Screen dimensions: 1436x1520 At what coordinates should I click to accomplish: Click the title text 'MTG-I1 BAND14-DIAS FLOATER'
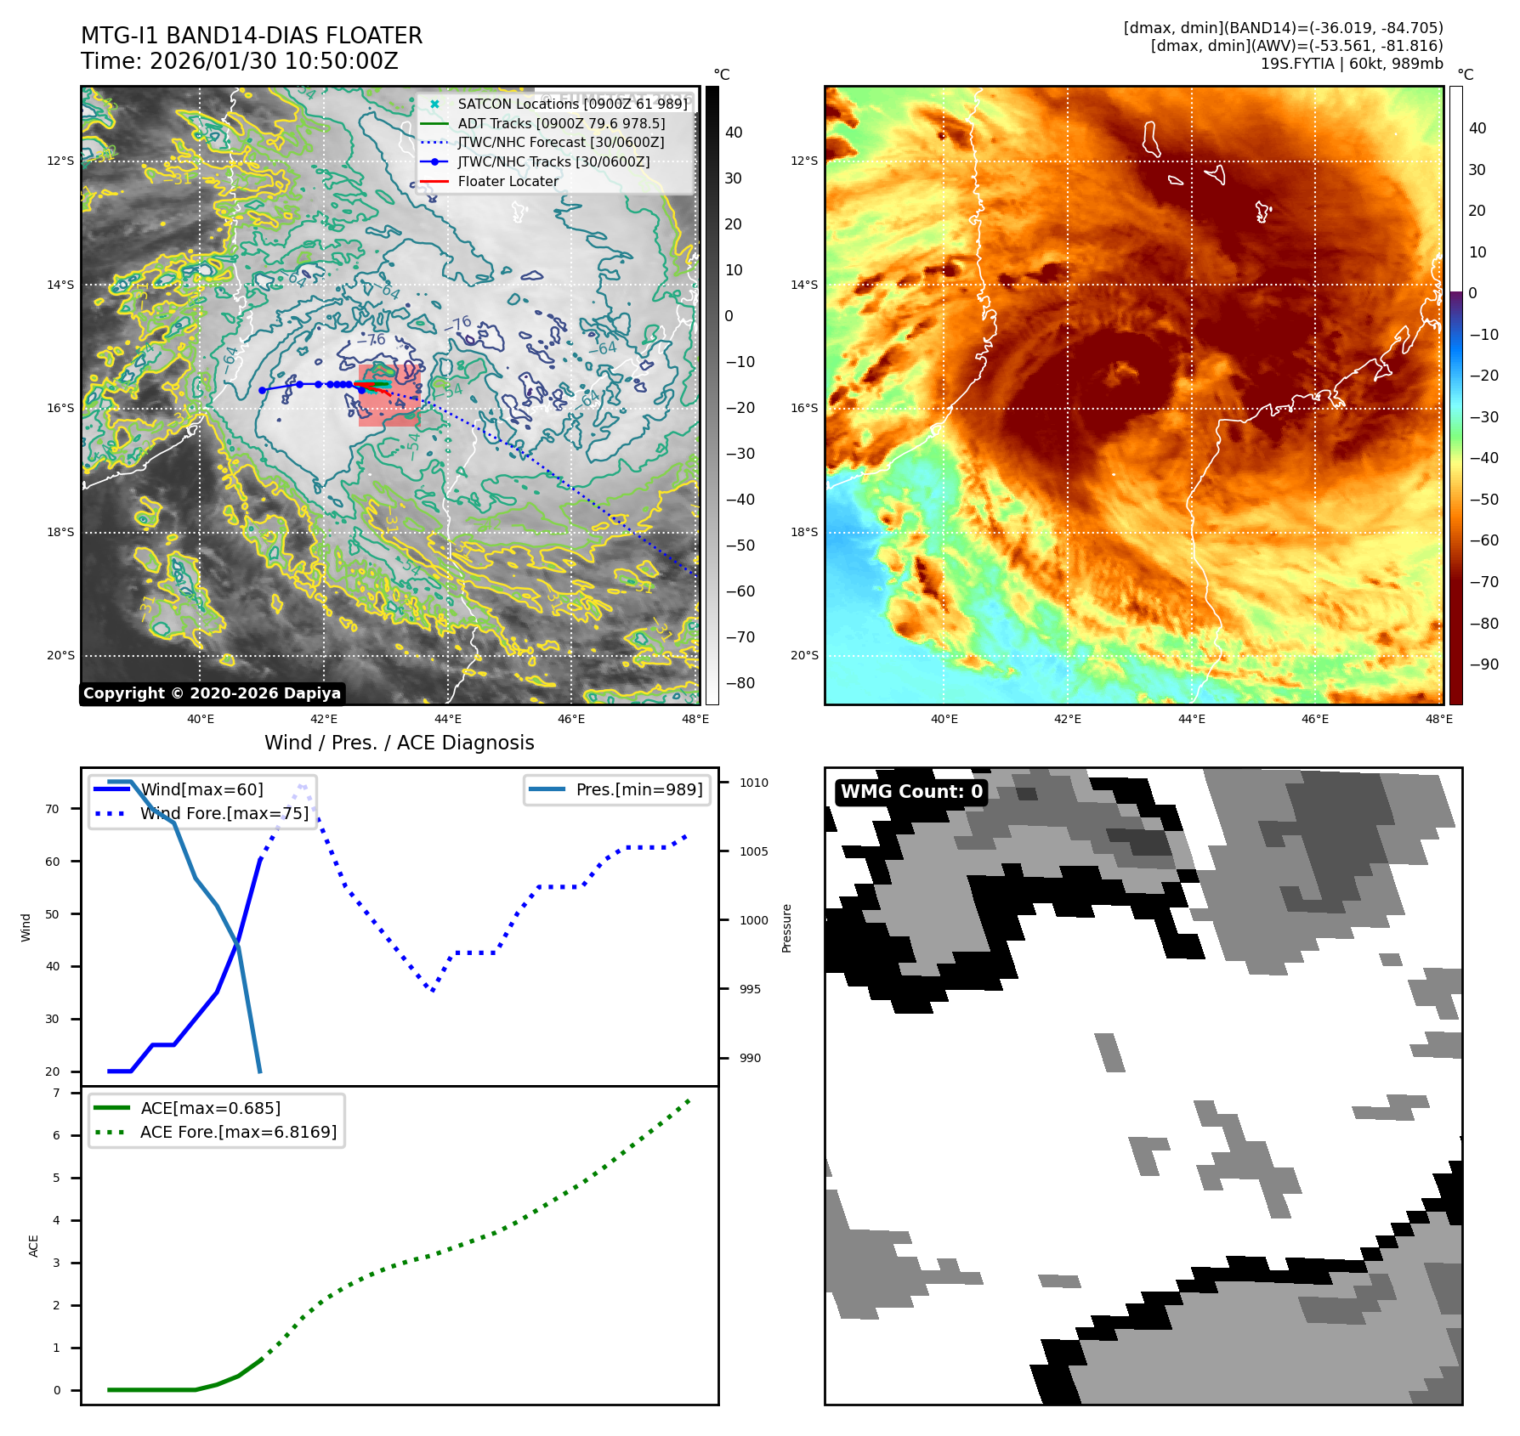[252, 36]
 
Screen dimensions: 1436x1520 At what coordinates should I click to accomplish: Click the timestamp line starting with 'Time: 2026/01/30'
[240, 61]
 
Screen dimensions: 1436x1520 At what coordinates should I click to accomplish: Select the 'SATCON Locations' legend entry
[572, 104]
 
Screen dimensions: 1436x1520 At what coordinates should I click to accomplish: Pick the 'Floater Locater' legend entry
[508, 181]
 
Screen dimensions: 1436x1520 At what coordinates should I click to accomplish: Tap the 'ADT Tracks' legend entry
[561, 123]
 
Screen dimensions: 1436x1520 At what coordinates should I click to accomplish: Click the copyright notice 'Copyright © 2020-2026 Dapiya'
[212, 693]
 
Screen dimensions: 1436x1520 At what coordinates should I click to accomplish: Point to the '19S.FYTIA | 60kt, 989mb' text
[1351, 64]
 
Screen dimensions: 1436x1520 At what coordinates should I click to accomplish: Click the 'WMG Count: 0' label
[911, 792]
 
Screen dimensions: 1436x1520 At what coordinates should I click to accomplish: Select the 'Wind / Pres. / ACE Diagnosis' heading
[400, 743]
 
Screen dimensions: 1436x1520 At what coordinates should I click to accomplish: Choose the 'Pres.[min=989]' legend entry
[638, 789]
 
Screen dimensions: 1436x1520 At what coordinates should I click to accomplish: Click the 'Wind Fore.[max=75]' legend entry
[224, 813]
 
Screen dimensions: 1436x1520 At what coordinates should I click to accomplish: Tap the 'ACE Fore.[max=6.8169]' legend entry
[238, 1132]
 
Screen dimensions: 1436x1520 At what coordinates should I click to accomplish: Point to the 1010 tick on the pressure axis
[753, 783]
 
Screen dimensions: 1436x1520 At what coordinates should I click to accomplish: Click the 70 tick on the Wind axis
[53, 809]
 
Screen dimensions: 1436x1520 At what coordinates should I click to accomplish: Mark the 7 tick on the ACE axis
[57, 1093]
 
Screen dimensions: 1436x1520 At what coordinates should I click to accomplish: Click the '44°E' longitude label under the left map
[448, 719]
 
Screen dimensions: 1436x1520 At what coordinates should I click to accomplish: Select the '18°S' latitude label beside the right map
[803, 532]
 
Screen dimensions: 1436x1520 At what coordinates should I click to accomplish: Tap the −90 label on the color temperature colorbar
[1483, 664]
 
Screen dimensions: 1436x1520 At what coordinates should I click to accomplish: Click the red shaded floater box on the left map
[389, 396]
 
